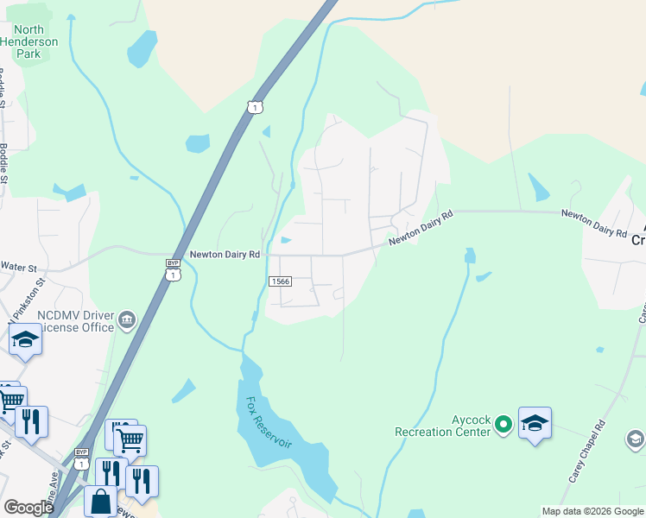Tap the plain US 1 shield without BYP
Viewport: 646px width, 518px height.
[253, 106]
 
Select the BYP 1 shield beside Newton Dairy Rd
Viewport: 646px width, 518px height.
[174, 269]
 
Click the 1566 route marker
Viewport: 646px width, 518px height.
[280, 281]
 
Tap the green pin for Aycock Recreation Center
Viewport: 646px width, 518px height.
[503, 424]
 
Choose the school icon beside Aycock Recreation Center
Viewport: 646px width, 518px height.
[535, 423]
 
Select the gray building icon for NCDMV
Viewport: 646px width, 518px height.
[127, 321]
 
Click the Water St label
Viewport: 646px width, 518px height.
[21, 267]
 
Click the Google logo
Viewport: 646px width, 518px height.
[28, 507]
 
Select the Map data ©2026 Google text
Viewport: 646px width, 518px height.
[592, 511]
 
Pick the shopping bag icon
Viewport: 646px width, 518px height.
[100, 501]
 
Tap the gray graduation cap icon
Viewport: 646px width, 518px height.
[635, 439]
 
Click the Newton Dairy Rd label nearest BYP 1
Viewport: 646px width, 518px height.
[225, 255]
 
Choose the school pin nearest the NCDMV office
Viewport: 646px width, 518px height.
[26, 340]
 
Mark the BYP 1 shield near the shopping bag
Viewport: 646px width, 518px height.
[82, 458]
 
